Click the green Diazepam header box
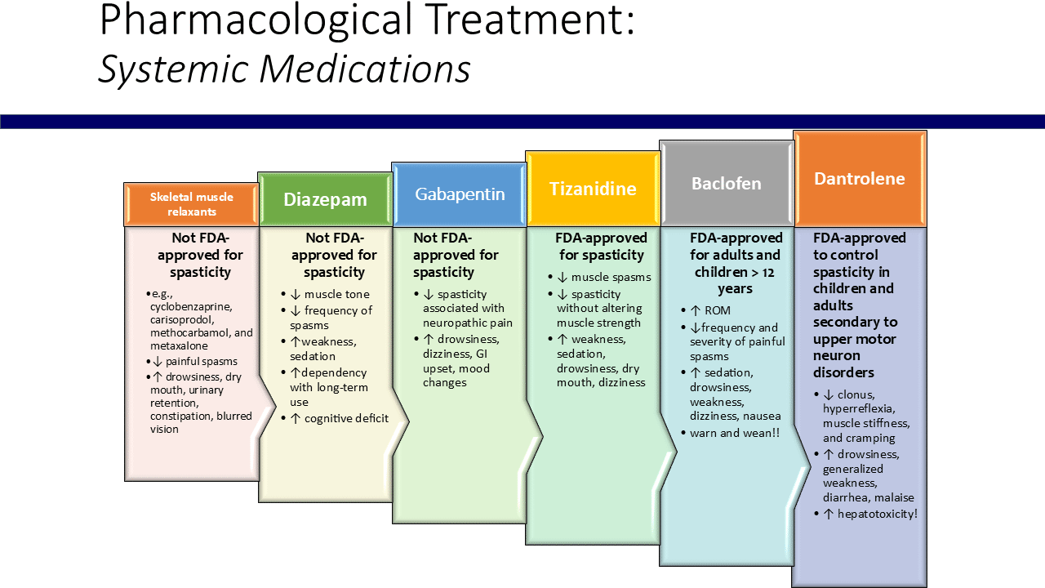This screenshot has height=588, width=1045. click(x=325, y=199)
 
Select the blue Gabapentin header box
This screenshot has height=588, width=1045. click(x=460, y=194)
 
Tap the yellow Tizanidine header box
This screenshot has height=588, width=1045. click(x=593, y=189)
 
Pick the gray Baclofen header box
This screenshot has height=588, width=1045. click(x=727, y=184)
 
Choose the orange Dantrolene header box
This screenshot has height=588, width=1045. click(x=860, y=179)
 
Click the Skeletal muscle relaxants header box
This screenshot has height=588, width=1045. click(x=192, y=204)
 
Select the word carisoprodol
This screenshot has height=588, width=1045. click(x=185, y=320)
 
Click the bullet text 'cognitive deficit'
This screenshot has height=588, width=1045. click(x=346, y=419)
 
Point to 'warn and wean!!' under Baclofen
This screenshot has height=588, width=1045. click(x=735, y=433)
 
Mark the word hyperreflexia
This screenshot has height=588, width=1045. click(x=858, y=409)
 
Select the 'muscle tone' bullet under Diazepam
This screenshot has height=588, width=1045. click(x=337, y=294)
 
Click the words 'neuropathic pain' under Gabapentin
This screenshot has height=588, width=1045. click(x=468, y=323)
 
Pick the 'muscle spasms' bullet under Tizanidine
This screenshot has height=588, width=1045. click(x=611, y=277)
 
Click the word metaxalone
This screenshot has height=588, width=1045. click(x=179, y=346)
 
